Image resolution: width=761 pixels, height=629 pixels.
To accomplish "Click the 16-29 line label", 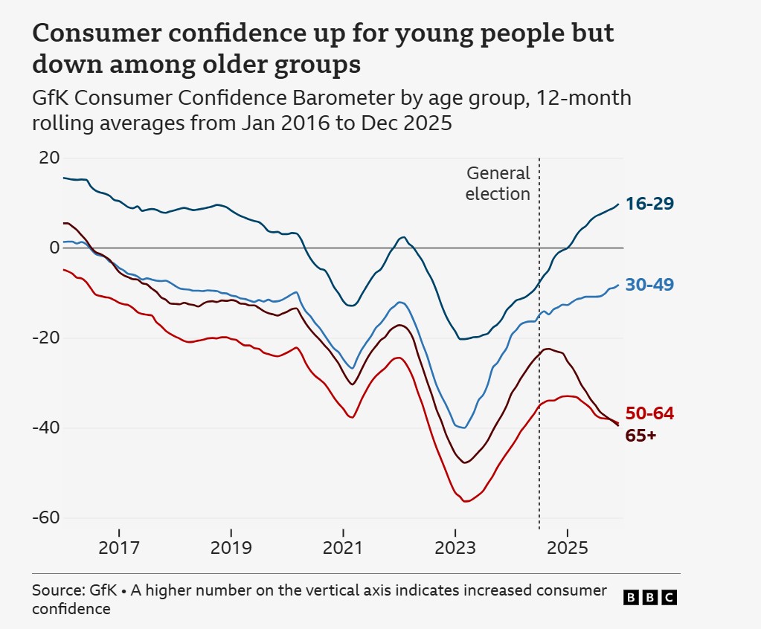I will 649,204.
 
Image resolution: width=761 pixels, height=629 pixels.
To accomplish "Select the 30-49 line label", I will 649,285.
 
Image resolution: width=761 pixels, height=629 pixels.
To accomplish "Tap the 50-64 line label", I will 649,413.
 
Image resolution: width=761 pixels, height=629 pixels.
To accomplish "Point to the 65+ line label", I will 640,436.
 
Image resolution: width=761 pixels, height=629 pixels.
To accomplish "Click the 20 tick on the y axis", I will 49,158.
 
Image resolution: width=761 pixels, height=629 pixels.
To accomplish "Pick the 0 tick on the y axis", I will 54,248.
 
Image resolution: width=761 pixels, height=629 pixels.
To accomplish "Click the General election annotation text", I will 498,184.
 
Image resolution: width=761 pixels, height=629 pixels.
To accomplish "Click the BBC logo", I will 650,597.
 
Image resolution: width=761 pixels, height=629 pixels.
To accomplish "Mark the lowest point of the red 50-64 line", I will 466,501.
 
